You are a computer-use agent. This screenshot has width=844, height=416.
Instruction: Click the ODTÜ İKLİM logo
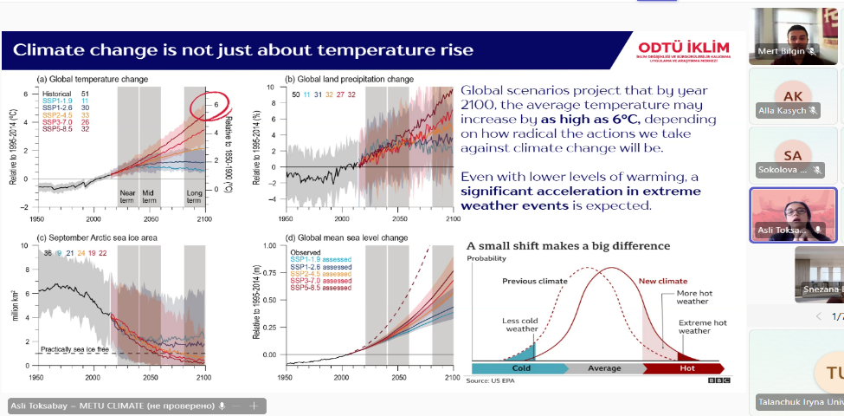coord(683,49)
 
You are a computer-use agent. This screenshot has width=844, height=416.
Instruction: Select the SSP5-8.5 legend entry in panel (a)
coord(54,129)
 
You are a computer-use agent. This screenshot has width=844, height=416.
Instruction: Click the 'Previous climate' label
coord(534,281)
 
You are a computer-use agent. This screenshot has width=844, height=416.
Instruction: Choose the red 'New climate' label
coord(662,281)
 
